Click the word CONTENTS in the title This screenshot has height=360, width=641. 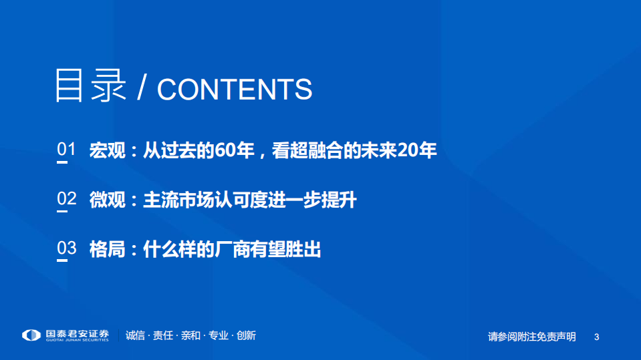234,89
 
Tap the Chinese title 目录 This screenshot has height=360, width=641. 90,86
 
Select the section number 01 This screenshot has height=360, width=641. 66,150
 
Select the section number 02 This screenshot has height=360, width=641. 66,198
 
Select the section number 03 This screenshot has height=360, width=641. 66,248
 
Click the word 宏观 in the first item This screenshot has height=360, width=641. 108,150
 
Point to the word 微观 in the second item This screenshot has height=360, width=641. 108,199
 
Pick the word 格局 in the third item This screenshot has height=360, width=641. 108,249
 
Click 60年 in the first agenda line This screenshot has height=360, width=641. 235,150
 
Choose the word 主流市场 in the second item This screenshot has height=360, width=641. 178,199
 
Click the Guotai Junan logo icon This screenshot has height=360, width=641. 31,335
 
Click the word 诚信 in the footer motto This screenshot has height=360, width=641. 136,335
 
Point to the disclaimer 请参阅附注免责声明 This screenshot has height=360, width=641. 531,337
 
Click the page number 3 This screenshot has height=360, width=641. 596,337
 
